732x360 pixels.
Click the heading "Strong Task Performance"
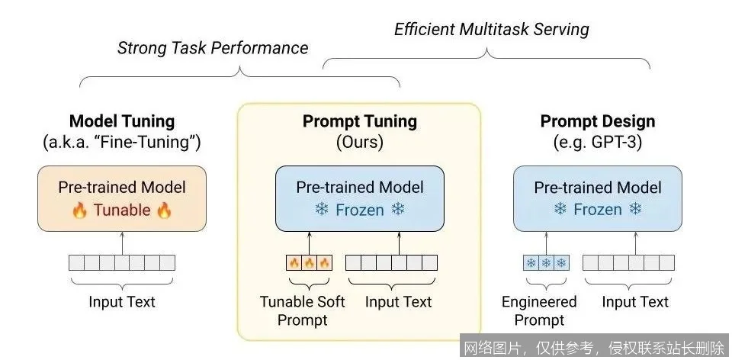[213, 48]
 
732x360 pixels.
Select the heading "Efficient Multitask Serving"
[491, 30]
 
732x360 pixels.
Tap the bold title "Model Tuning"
[122, 121]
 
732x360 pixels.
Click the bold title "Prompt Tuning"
[360, 121]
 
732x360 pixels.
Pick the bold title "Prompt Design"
[598, 121]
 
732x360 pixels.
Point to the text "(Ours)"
[360, 142]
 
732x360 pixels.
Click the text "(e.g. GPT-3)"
[598, 142]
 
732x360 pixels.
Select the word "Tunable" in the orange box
[122, 210]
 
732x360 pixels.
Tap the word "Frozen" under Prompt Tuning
[360, 210]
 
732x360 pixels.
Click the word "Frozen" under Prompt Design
[598, 210]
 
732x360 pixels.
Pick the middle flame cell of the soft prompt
[309, 263]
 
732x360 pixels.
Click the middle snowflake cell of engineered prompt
[546, 263]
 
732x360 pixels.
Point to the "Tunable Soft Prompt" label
[303, 310]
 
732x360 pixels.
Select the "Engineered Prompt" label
[539, 310]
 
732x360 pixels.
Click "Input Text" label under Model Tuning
[122, 302]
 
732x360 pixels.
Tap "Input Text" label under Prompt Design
[635, 302]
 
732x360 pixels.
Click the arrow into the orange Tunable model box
[122, 243]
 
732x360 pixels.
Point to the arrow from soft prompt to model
[309, 243]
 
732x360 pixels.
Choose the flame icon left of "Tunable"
[79, 211]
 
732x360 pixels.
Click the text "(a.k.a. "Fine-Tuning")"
[122, 142]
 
